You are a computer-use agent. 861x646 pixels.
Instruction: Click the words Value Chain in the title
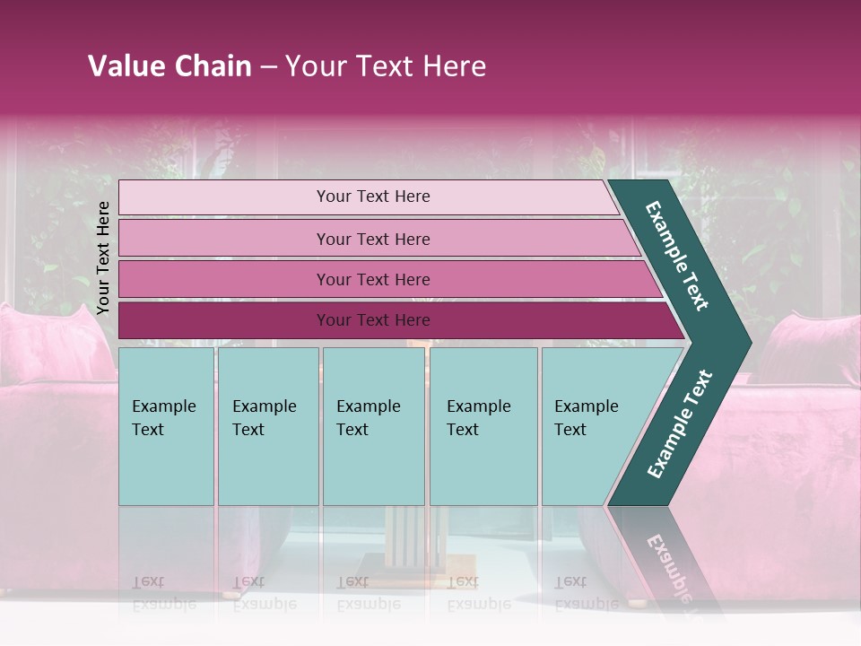(170, 66)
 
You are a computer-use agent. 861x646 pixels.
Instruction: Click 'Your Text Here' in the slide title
(386, 66)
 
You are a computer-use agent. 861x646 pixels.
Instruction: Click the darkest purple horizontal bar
(224, 320)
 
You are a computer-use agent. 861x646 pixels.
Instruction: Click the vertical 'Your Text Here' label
(103, 258)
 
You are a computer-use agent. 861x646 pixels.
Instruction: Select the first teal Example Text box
(166, 426)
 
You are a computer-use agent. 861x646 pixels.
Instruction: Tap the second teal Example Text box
(267, 426)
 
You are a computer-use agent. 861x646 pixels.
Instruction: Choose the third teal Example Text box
(373, 426)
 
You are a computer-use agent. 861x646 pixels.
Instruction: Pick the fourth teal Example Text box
(483, 426)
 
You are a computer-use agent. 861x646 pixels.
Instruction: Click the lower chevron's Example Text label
(680, 423)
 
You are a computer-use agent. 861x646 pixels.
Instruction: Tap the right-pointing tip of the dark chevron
(746, 342)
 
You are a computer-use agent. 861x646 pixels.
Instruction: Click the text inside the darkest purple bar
(373, 320)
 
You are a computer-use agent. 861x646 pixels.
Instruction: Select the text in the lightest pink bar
(373, 196)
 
